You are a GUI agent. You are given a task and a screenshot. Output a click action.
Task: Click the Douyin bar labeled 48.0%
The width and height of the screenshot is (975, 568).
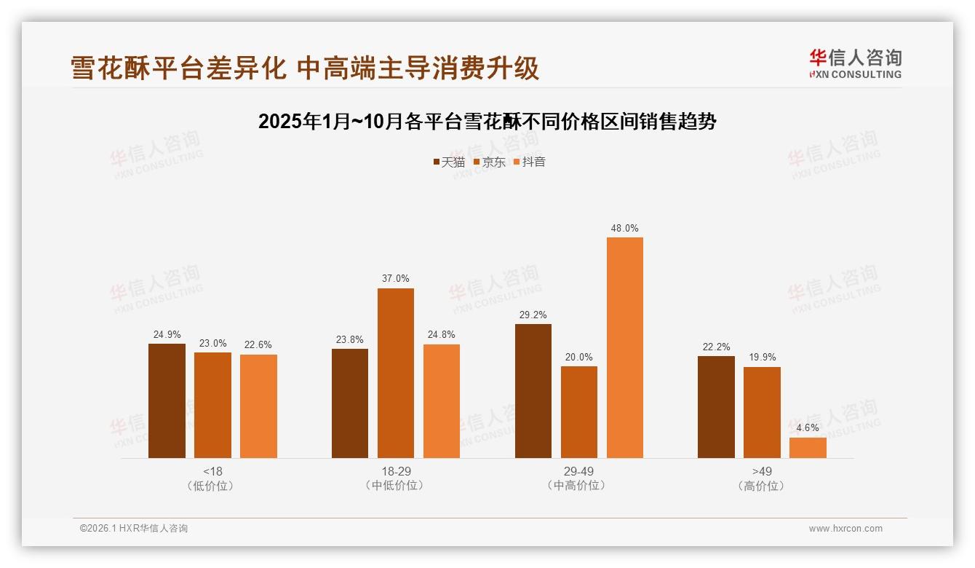click(x=624, y=347)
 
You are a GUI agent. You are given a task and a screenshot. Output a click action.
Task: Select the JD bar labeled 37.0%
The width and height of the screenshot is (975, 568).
click(x=395, y=373)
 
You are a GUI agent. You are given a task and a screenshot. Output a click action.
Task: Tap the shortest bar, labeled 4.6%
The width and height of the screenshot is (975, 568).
click(x=808, y=448)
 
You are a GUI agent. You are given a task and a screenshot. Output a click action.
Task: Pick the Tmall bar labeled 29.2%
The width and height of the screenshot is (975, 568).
click(x=533, y=391)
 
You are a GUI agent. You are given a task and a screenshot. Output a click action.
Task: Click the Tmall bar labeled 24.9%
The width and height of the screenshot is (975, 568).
click(x=167, y=401)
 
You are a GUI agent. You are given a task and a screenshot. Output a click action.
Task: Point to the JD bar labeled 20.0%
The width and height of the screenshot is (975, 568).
click(x=578, y=412)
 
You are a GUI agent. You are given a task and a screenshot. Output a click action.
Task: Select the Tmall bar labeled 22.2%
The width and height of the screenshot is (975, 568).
click(x=716, y=407)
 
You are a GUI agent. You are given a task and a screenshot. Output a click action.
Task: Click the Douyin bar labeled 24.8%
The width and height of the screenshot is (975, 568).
click(x=441, y=401)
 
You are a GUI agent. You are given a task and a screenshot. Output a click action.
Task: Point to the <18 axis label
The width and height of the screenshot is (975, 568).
click(x=212, y=471)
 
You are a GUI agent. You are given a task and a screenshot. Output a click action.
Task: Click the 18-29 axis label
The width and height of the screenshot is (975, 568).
click(x=396, y=471)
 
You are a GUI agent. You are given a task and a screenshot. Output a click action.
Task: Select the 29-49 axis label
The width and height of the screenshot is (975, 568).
click(x=578, y=471)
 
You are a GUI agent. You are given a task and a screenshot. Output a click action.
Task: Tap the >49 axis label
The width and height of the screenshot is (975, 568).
click(x=762, y=471)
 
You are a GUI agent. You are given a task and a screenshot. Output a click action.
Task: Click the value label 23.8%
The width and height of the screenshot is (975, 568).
click(x=349, y=339)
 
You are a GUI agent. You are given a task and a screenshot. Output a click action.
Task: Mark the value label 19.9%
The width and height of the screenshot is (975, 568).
click(x=762, y=358)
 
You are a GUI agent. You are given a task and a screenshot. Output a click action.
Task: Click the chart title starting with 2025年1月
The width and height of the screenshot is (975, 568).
click(x=487, y=122)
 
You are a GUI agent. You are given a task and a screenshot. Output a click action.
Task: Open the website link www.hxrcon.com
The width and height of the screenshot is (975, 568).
click(x=845, y=529)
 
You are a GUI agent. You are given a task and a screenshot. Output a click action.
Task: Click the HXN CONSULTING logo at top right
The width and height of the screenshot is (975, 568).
click(x=855, y=63)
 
